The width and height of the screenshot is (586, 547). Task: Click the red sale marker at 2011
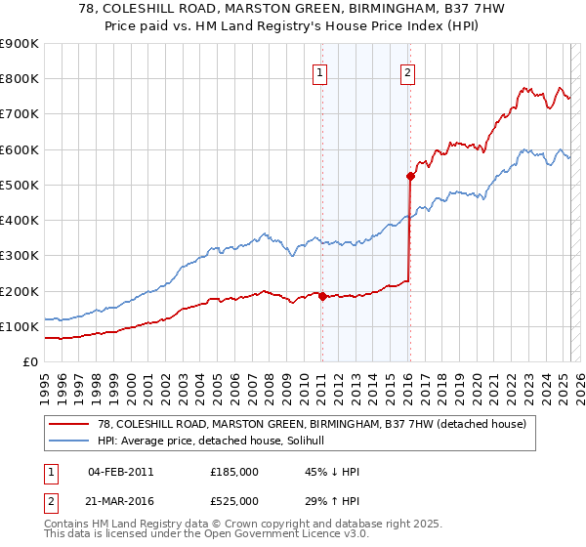click(x=321, y=296)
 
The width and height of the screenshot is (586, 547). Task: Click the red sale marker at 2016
click(x=410, y=176)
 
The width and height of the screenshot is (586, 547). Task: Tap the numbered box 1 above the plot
click(x=320, y=70)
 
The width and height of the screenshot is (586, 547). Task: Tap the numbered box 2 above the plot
click(x=407, y=70)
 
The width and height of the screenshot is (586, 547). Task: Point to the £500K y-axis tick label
click(x=20, y=185)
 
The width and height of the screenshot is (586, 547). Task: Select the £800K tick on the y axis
click(x=20, y=78)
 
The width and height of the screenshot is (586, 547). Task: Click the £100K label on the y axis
click(x=20, y=326)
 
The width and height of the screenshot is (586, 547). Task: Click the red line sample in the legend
click(x=67, y=424)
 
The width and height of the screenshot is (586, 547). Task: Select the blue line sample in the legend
click(x=67, y=442)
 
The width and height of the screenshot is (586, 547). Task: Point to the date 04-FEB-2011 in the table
click(x=120, y=472)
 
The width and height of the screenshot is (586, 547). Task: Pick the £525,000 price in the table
click(x=234, y=501)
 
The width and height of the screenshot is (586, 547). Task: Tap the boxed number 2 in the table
click(x=48, y=501)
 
